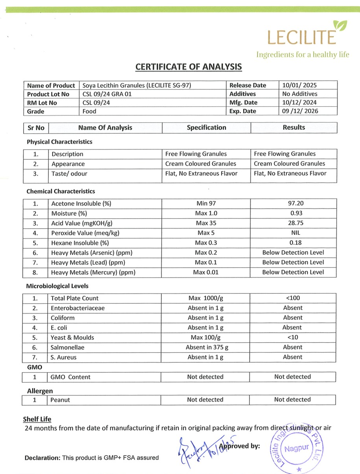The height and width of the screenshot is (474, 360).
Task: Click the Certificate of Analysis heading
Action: [188, 67]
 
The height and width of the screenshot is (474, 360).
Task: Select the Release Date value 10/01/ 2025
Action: [300, 85]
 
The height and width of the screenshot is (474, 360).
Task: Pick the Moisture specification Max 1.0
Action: [206, 214]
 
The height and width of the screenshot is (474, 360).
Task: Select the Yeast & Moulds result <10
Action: [293, 338]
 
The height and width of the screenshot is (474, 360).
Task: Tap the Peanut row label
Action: [60, 400]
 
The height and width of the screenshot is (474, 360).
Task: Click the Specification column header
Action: [207, 127]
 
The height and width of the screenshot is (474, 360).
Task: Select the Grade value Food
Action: [89, 111]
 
